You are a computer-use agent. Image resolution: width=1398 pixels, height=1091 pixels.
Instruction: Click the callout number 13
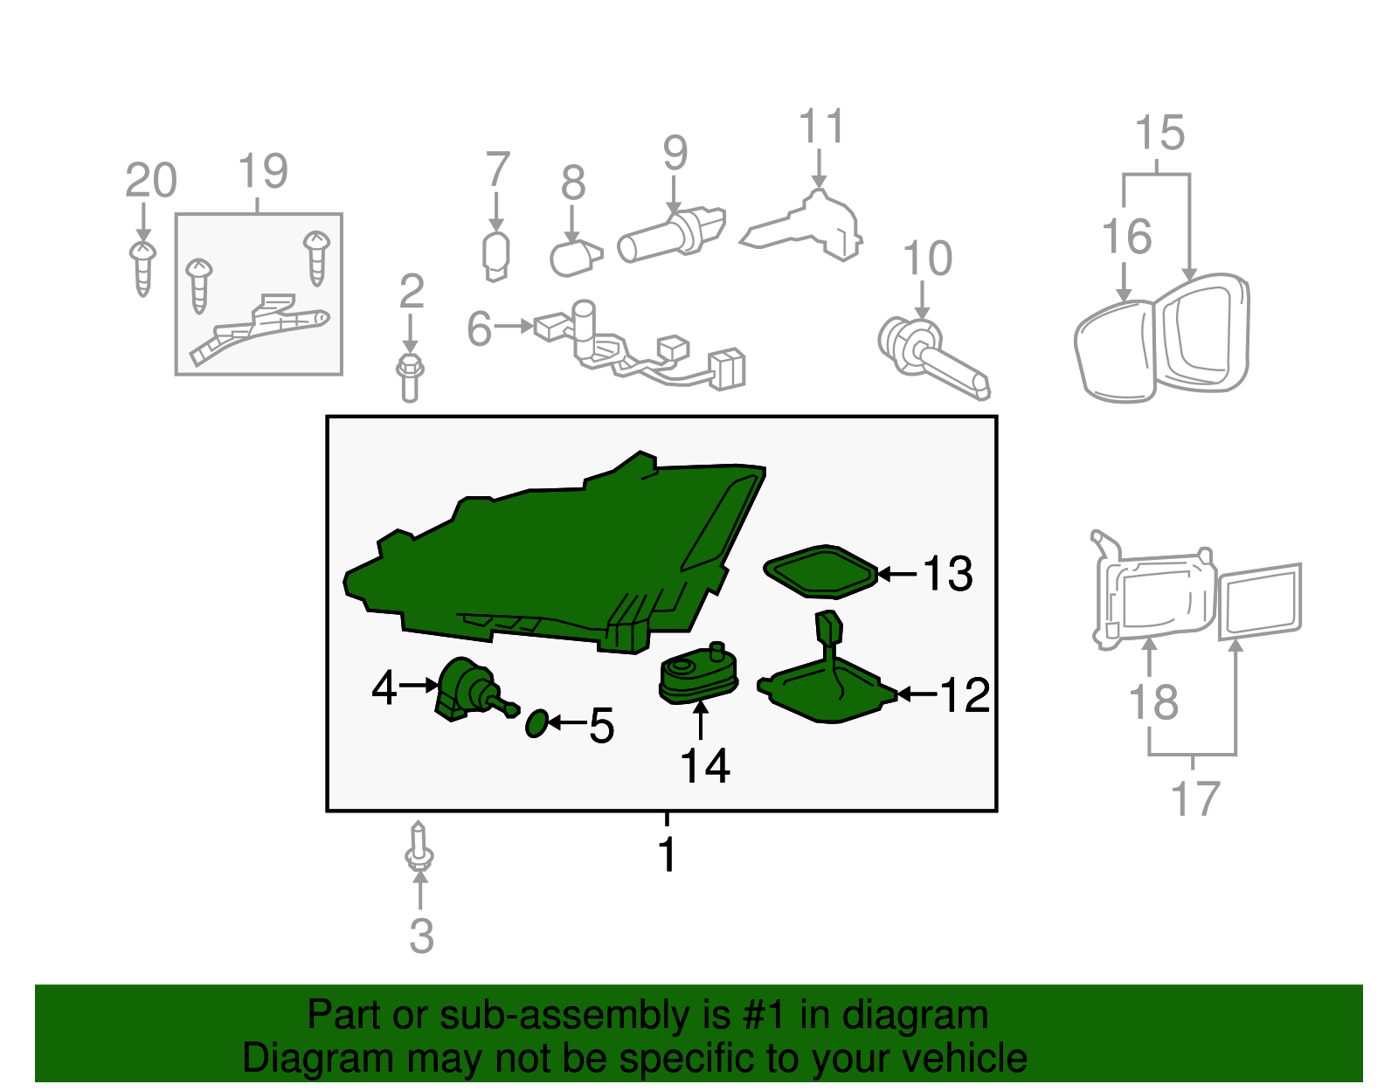coord(947,574)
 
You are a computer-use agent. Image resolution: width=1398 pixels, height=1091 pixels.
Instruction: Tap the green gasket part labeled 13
coord(820,571)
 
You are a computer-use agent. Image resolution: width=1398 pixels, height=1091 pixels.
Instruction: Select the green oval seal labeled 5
coord(536,723)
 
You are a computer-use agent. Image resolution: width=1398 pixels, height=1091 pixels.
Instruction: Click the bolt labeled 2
coord(410,377)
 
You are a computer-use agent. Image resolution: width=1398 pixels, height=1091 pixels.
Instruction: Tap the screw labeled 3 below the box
coord(419,847)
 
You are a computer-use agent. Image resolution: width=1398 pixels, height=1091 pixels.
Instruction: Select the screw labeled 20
coord(143,266)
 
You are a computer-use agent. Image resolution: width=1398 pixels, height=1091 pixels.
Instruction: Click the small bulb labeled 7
coord(496,256)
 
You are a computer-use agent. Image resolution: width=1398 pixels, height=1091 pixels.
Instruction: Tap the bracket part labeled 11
coord(813,225)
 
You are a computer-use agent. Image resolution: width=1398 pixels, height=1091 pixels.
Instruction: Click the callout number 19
coord(262,171)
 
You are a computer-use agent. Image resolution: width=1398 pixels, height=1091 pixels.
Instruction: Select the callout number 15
coord(1159,134)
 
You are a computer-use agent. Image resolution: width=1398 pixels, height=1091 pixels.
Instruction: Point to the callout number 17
coord(1194,799)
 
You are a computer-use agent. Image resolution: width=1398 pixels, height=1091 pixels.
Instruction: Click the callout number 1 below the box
coord(668,854)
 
